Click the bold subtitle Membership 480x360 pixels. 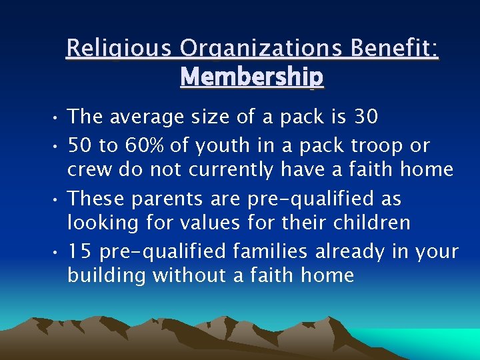(252, 77)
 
